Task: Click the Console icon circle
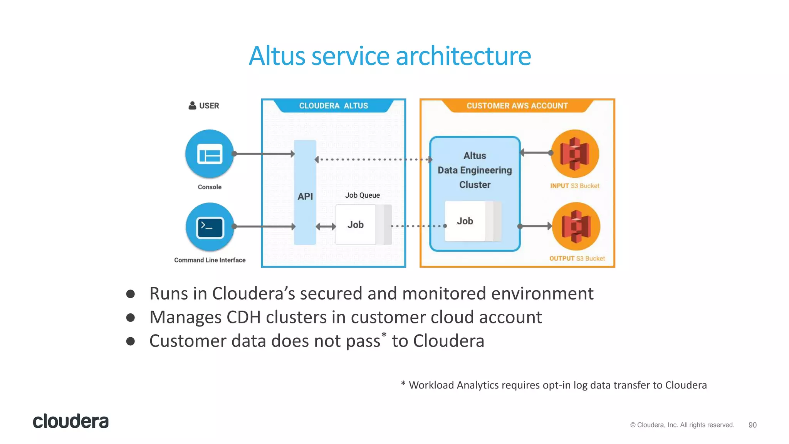coord(210,154)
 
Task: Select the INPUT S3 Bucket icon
coord(574,154)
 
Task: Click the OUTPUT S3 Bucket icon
coord(576,227)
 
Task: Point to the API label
coord(305,196)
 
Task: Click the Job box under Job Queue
coord(356,225)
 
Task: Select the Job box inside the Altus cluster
coord(465,221)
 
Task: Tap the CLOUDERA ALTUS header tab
coord(334,106)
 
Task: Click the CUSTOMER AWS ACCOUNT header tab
coord(517,106)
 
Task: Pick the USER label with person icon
coord(204,106)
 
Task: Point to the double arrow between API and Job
coord(326,227)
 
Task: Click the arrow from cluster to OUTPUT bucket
coord(536,226)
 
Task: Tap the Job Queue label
coord(362,195)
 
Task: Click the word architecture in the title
coord(463,56)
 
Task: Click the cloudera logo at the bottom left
coord(71,421)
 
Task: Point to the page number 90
coord(752,425)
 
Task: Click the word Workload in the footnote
coord(431,385)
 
